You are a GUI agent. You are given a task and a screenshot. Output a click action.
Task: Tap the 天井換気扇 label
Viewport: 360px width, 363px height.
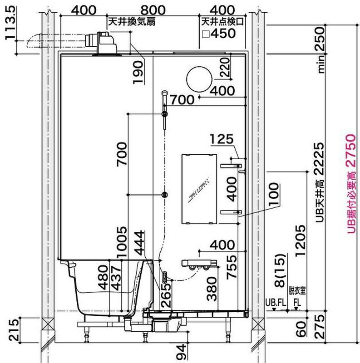coord(132,22)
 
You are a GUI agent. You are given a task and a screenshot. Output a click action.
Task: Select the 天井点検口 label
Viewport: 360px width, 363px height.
coord(222,22)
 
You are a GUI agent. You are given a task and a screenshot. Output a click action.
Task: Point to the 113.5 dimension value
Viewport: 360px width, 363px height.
coord(10,23)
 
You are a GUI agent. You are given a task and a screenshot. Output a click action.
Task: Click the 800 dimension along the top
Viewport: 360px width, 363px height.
coord(153,10)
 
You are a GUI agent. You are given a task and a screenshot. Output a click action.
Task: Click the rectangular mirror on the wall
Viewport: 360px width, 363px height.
coord(199,189)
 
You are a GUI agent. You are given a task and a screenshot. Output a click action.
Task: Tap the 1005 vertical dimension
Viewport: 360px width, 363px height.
coord(122,242)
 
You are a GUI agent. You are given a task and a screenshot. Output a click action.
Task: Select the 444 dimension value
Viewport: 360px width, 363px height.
coord(139,243)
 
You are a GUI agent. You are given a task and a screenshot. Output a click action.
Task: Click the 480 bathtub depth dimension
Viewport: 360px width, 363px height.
coord(104,278)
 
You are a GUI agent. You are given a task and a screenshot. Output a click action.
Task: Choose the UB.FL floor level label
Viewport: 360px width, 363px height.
coord(276,303)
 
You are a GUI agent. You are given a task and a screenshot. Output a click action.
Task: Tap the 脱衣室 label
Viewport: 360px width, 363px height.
coord(297,291)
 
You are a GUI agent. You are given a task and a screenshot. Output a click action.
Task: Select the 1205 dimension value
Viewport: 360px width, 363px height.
coord(301,241)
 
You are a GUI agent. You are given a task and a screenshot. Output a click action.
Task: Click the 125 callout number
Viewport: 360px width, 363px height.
coord(222,139)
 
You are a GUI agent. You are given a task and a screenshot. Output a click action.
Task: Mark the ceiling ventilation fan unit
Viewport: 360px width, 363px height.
coord(102,43)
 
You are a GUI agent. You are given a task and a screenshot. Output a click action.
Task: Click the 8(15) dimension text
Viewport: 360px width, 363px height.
coord(280,270)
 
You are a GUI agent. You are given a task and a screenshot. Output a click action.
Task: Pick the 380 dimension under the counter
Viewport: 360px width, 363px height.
coord(212,289)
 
